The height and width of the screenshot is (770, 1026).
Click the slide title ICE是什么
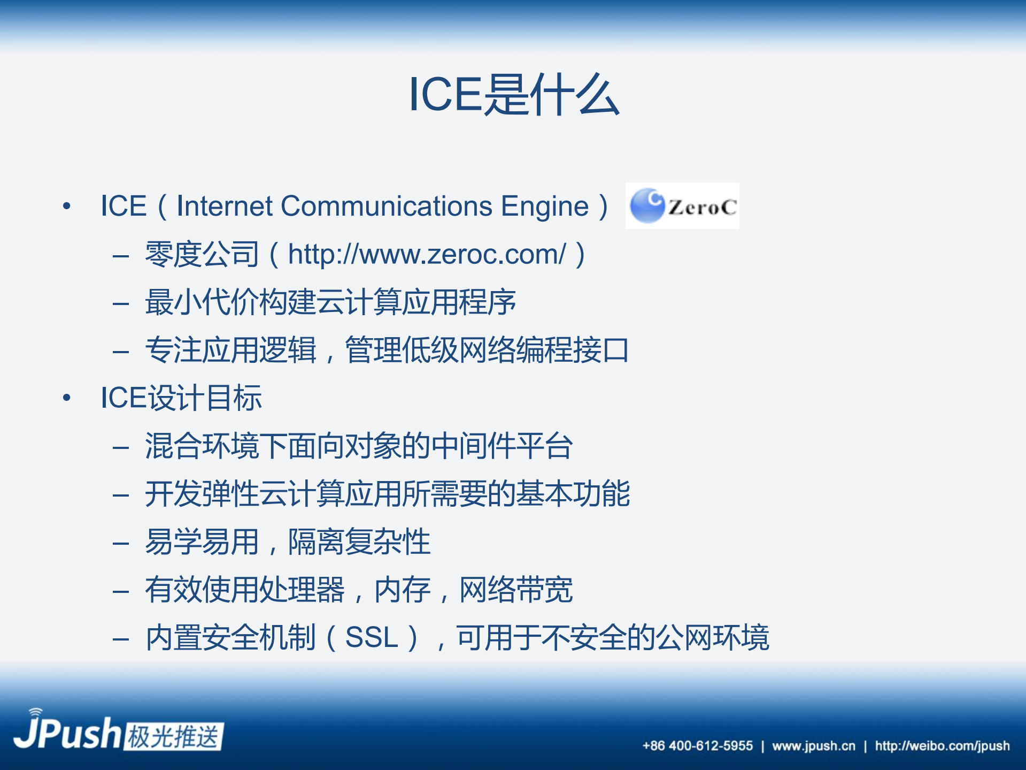tap(513, 95)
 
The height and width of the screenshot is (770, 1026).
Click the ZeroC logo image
tap(682, 206)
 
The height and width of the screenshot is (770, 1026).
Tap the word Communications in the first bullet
tap(387, 207)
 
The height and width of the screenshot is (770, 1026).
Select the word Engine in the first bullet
tap(544, 207)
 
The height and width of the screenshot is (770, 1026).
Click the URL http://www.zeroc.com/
tap(427, 255)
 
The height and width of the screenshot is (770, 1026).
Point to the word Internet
tap(225, 207)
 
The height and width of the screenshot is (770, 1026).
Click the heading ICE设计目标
tap(181, 398)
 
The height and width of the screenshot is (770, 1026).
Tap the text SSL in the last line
tap(372, 638)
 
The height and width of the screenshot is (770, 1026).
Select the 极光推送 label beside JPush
tap(174, 737)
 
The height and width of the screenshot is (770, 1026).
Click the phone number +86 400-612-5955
tap(697, 746)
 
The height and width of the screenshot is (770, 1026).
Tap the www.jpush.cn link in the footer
tap(813, 746)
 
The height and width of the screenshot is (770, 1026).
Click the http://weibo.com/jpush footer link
tap(942, 746)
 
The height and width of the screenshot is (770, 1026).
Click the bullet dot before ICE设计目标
tap(67, 398)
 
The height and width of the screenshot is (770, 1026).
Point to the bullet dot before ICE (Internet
tap(67, 207)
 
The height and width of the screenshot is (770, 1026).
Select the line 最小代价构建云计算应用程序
tap(330, 303)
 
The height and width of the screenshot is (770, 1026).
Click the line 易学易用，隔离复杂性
tap(288, 542)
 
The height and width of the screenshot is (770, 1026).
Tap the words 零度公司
tap(202, 255)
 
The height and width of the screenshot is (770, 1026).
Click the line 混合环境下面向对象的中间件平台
tap(359, 446)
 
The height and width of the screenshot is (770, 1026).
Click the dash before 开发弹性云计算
tap(121, 495)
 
